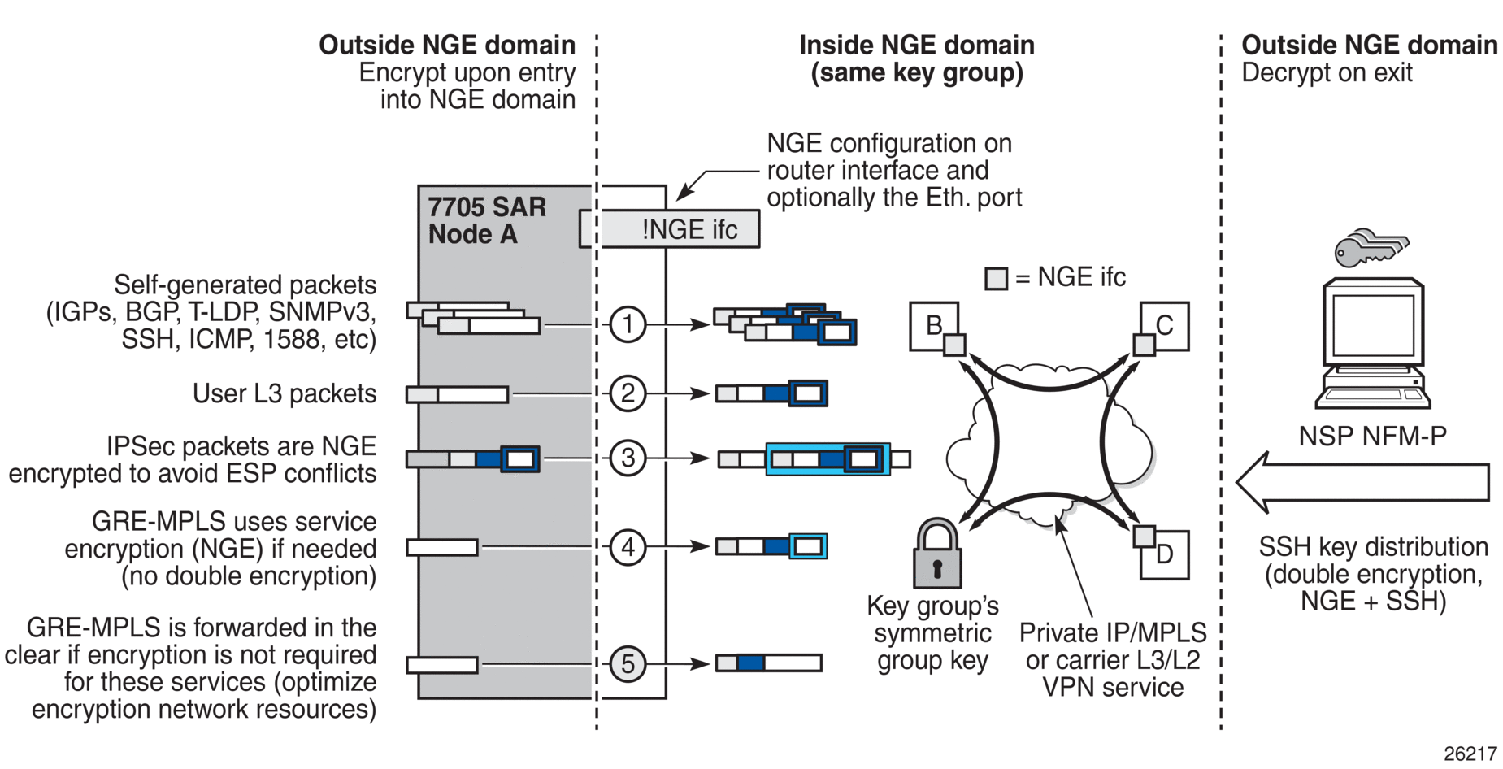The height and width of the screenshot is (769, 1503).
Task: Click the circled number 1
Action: pos(628,324)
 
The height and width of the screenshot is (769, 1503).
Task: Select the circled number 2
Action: pos(628,393)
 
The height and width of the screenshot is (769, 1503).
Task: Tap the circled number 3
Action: pos(628,458)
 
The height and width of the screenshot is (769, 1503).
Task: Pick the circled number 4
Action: pos(628,546)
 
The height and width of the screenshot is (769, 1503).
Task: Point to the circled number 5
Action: pos(628,663)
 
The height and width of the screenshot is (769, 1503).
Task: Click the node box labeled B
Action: pos(933,325)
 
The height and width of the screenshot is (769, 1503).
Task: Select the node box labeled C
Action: pos(1165,325)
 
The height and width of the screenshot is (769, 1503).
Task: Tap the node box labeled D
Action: pos(1165,554)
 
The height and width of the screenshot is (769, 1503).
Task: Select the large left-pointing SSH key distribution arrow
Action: pos(1362,482)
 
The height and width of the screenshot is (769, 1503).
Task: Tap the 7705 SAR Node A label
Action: pos(487,220)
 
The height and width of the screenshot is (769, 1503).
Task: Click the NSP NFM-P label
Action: pos(1373,436)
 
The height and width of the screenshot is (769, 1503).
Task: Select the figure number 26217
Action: pos(1470,754)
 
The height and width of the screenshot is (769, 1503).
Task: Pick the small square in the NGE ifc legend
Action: pos(996,279)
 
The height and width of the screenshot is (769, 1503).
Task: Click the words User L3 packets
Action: pos(285,393)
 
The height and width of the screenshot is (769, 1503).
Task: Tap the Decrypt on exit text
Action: pos(1327,73)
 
